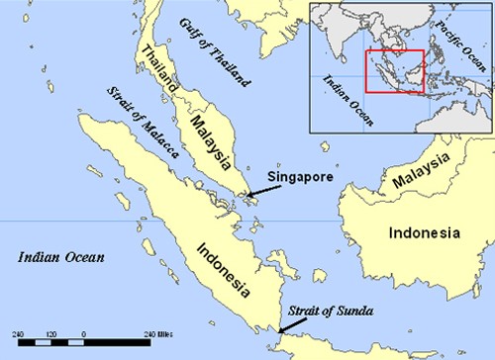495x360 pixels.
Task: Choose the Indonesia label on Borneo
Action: click(423, 233)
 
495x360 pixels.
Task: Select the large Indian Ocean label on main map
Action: click(61, 258)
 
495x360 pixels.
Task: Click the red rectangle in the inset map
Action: click(395, 71)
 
